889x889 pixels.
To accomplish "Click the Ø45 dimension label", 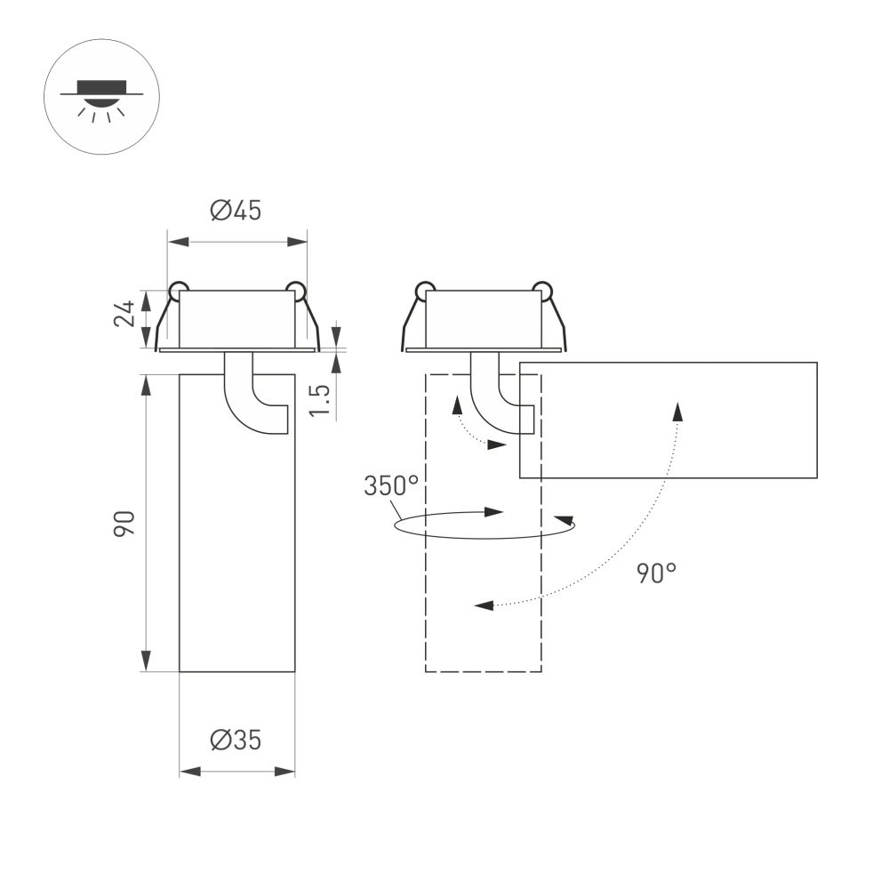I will [236, 211].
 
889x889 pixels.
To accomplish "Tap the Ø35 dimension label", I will [236, 740].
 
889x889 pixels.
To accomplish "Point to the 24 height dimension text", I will [125, 313].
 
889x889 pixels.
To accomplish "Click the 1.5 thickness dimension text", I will [322, 400].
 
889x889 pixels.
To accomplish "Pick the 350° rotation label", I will [390, 486].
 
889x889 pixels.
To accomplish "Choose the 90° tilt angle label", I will [656, 573].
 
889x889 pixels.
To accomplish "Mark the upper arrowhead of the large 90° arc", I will [677, 411].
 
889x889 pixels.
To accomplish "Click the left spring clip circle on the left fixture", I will [179, 289].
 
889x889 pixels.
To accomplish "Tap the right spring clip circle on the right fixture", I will [541, 289].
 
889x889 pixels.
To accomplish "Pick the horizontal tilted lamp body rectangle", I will [668, 420].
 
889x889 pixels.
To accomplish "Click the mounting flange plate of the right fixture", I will [484, 350].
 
